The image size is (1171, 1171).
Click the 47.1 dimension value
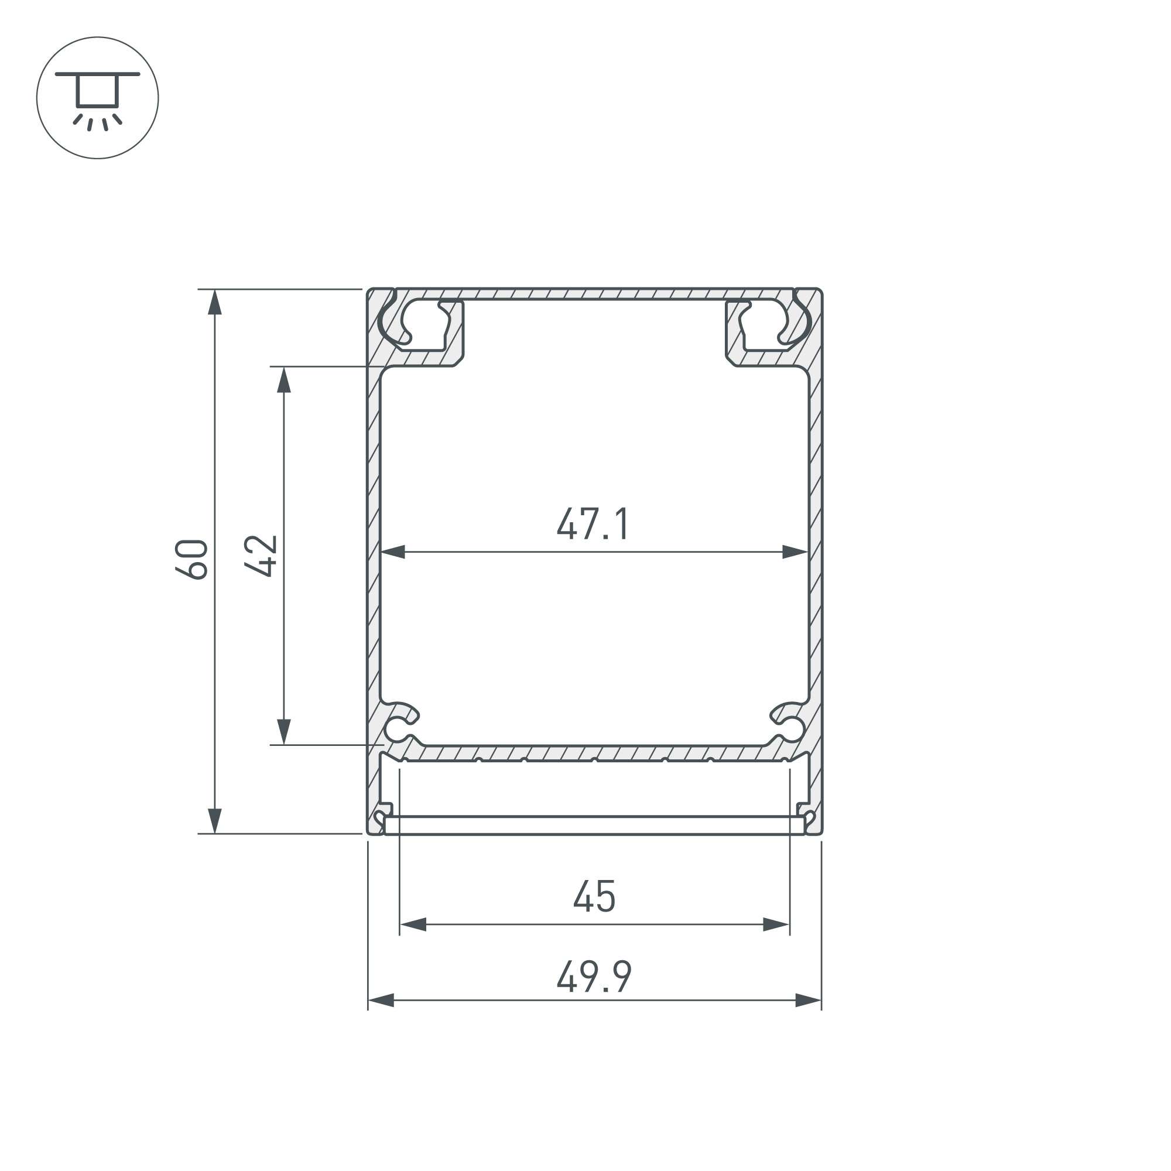(x=593, y=523)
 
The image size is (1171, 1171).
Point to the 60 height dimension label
(x=191, y=558)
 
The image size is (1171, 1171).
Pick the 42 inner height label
(x=261, y=555)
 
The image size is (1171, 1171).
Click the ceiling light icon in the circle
(x=98, y=100)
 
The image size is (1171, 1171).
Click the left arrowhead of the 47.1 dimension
(x=392, y=552)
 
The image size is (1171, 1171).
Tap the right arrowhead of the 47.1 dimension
(x=795, y=552)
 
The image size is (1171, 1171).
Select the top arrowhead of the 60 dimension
(x=214, y=303)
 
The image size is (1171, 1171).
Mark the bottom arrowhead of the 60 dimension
(x=214, y=821)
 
